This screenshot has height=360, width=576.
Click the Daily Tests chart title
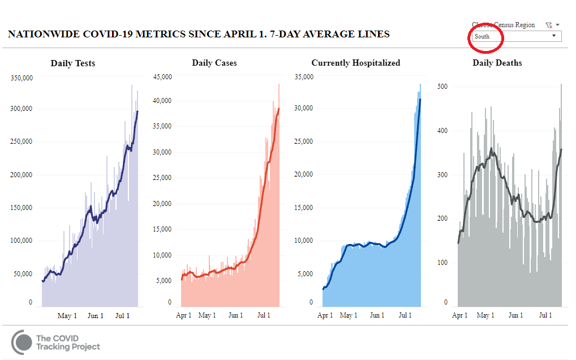(73, 63)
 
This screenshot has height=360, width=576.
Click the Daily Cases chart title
(214, 63)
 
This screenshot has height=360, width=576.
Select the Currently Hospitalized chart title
(356, 63)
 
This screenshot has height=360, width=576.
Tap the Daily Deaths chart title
(497, 63)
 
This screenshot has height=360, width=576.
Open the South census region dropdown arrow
(553, 36)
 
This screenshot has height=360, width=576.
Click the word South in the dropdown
(482, 36)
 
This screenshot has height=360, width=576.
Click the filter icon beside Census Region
(548, 25)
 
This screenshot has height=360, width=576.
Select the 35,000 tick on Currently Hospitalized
(304, 76)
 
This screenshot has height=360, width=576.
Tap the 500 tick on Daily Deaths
(442, 87)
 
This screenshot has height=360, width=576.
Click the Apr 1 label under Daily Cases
(183, 315)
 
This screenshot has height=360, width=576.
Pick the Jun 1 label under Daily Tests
(95, 315)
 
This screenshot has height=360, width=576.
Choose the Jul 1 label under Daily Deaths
(545, 315)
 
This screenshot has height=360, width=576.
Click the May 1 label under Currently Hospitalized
(349, 315)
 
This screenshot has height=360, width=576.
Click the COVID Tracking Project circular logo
(22, 342)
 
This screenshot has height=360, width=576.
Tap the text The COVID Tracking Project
(68, 342)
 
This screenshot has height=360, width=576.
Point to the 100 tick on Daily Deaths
(442, 263)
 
